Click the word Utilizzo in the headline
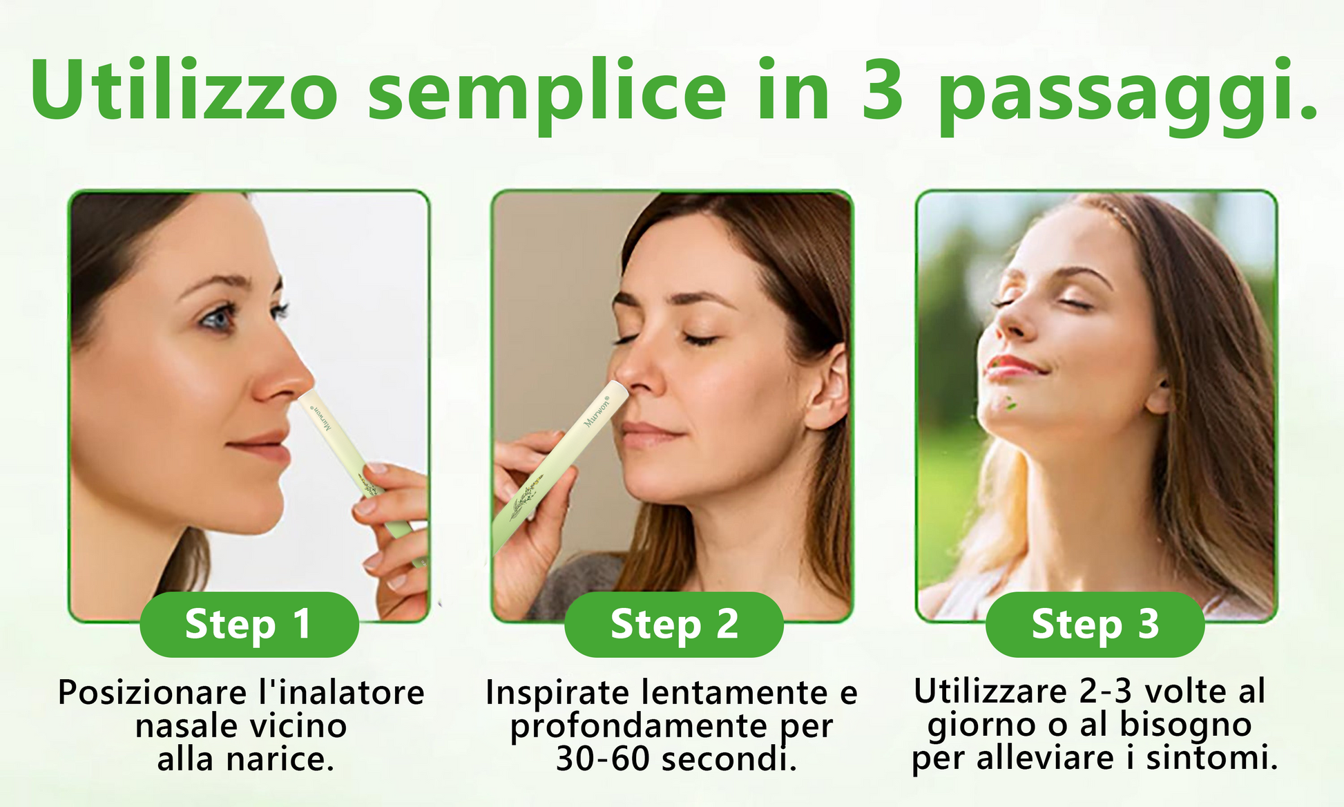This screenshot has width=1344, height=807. (184, 90)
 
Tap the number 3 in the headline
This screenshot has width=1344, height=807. (882, 90)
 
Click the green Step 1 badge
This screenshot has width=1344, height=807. (249, 624)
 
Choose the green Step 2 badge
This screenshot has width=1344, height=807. (674, 624)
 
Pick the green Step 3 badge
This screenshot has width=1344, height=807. (1095, 624)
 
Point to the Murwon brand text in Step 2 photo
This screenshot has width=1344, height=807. (597, 412)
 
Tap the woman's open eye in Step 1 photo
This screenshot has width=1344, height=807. (218, 319)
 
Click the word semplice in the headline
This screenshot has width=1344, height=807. (546, 97)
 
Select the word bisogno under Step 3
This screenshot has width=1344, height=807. (1186, 725)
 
